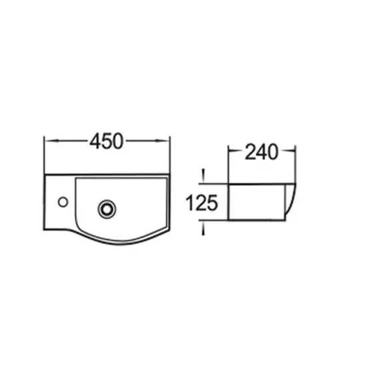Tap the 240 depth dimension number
(x=261, y=153)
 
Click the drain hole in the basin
(x=105, y=208)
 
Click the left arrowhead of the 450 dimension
(x=48, y=141)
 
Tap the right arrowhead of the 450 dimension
(x=166, y=141)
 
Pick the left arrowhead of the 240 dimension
(x=233, y=153)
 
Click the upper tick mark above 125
(x=203, y=175)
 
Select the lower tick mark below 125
(x=203, y=228)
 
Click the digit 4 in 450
(x=95, y=141)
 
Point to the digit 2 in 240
(x=250, y=153)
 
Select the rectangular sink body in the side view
(x=257, y=201)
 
